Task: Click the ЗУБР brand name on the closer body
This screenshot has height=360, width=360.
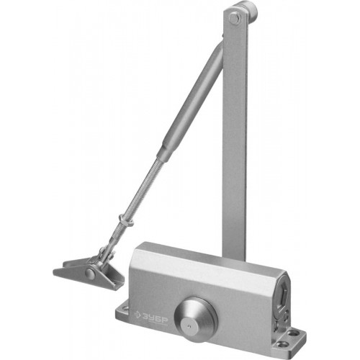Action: pyautogui.click(x=154, y=317)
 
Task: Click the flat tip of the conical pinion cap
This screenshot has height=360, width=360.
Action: pyautogui.click(x=189, y=326)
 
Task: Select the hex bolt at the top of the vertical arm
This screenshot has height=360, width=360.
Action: pyautogui.click(x=233, y=18)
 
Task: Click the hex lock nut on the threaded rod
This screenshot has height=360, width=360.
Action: pyautogui.click(x=125, y=221)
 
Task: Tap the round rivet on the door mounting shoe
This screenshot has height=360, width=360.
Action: pyautogui.click(x=90, y=274)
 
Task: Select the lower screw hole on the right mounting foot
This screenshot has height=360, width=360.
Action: pyautogui.click(x=280, y=344)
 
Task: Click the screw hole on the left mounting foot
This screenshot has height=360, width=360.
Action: pyautogui.click(x=125, y=307)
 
